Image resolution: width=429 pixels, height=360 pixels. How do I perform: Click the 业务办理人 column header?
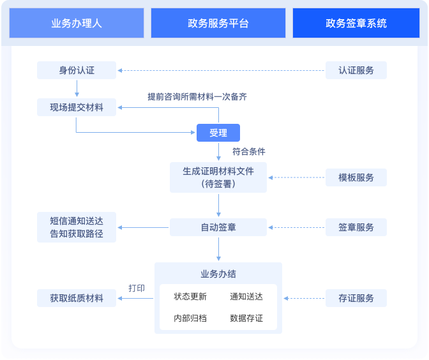click(77, 24)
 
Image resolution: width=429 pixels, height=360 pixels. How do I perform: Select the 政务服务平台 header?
click(218, 24)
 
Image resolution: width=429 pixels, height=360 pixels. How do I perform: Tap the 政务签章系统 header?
click(356, 24)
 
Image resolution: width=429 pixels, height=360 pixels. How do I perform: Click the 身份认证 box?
click(77, 70)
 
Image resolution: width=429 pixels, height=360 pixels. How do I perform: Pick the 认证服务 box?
click(356, 70)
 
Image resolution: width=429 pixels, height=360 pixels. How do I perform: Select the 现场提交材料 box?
click(77, 107)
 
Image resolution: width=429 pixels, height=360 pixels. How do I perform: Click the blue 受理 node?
click(218, 133)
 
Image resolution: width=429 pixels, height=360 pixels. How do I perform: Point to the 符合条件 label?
click(249, 152)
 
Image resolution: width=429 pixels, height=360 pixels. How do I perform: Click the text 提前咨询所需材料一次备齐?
click(197, 96)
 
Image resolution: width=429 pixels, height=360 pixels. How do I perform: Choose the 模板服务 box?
click(356, 177)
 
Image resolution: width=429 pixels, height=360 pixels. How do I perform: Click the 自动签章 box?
click(218, 227)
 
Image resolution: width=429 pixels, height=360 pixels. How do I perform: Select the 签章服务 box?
click(356, 227)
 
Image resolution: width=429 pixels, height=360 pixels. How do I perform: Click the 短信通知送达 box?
click(77, 227)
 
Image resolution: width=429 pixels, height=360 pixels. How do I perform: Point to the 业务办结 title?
click(218, 274)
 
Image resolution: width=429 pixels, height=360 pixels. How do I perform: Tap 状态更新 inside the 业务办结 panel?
click(190, 297)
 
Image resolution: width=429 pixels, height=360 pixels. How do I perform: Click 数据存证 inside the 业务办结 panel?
click(246, 318)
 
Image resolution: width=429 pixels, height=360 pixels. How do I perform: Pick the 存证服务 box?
click(356, 298)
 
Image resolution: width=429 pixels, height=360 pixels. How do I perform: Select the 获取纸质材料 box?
click(77, 298)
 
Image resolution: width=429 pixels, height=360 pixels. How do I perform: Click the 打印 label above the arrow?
click(137, 288)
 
